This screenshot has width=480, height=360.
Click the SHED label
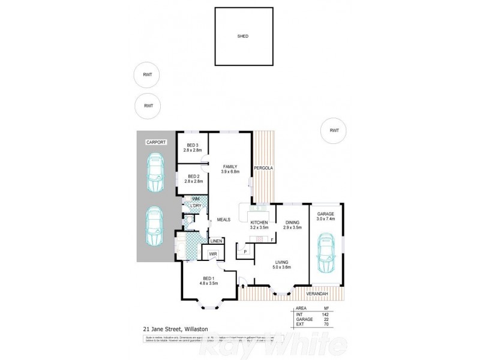click(242, 37)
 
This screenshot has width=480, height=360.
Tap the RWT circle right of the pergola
click(334, 130)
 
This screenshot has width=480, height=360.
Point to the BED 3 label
click(193, 145)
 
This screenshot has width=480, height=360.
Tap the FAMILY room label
click(229, 166)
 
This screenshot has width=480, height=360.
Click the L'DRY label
click(196, 206)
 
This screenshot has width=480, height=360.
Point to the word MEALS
click(224, 220)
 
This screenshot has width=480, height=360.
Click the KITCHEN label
click(259, 223)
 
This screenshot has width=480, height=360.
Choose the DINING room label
click(292, 223)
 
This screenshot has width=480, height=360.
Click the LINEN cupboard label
click(216, 241)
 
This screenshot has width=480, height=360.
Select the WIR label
click(213, 254)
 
